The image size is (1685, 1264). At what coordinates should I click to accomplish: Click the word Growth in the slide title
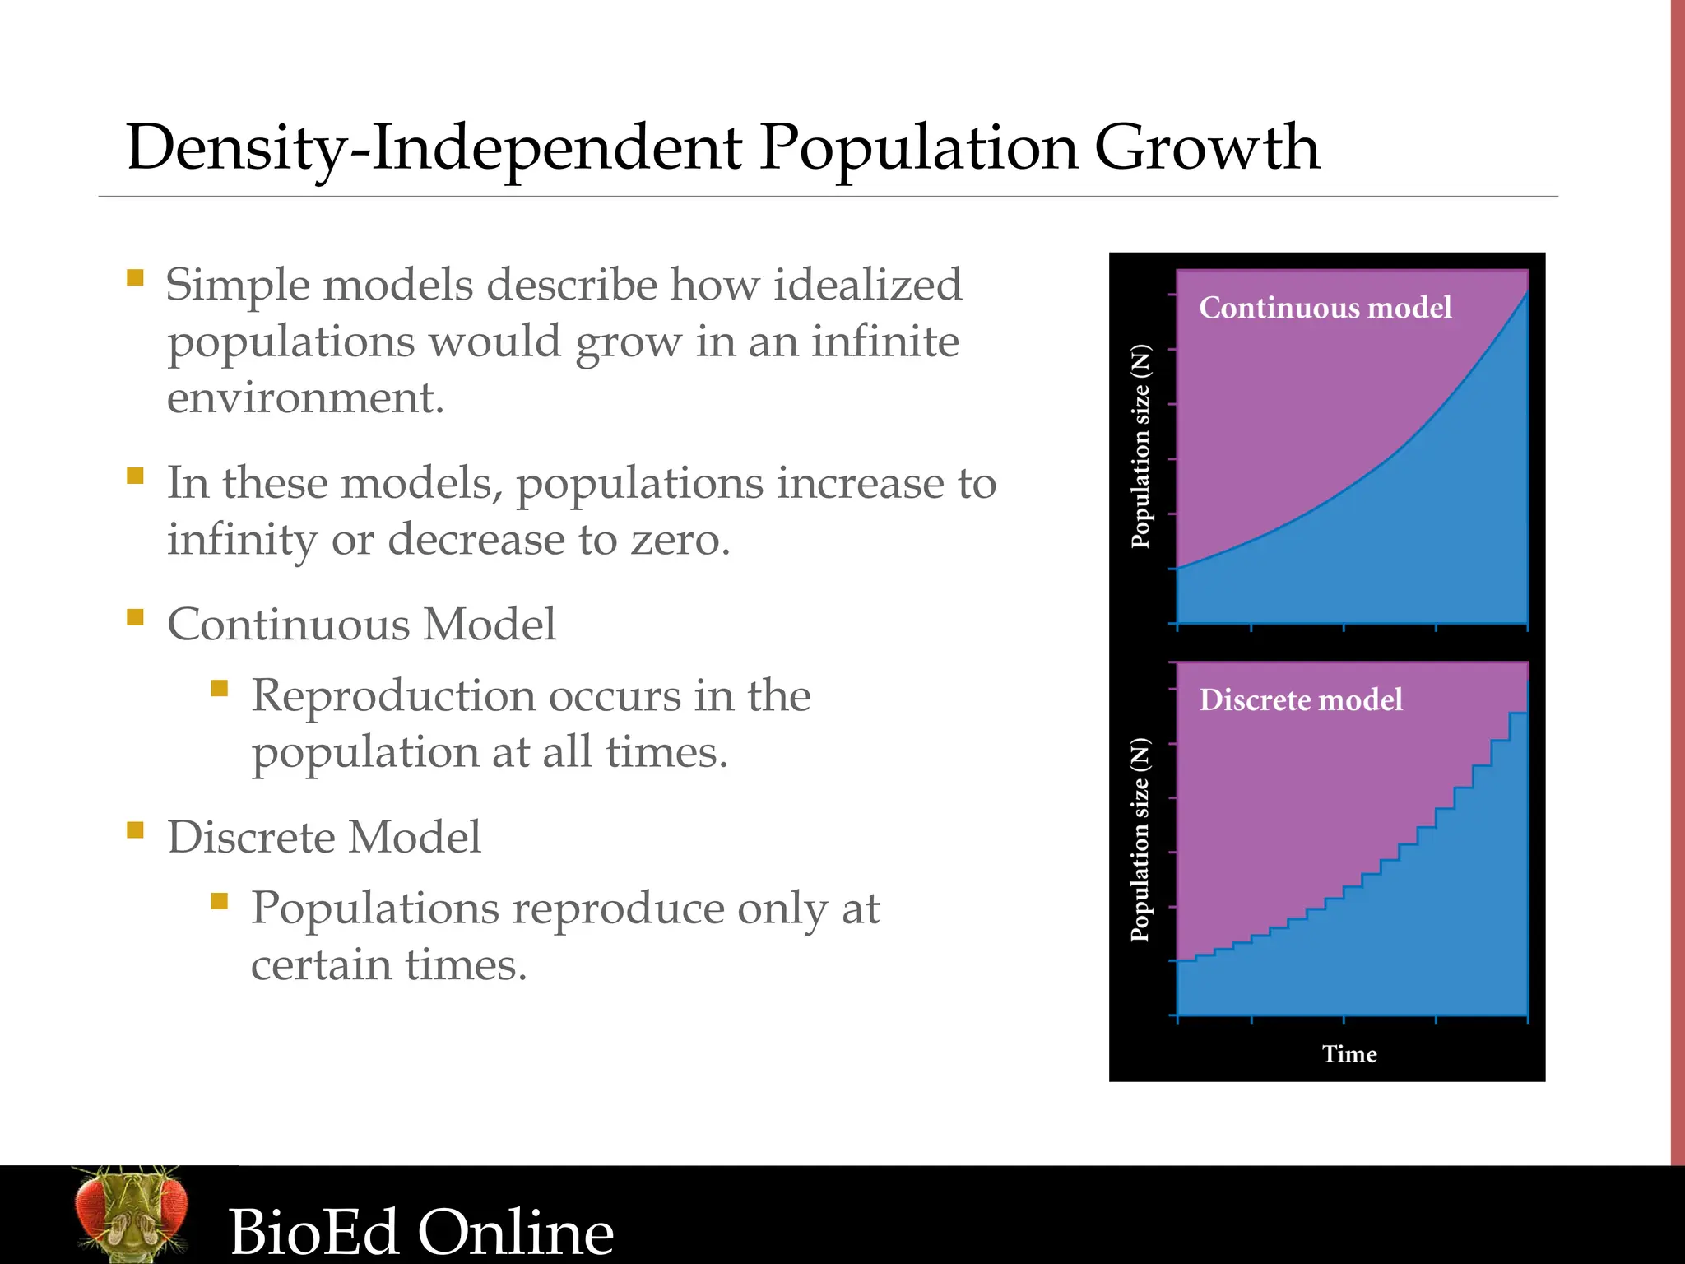click(1206, 148)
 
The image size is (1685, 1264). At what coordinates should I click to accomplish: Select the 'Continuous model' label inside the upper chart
click(1325, 308)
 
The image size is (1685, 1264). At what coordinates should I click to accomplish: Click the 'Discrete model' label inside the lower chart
click(1301, 700)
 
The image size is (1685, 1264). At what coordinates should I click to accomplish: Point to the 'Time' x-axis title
click(1349, 1054)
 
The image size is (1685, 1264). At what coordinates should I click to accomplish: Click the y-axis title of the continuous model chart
click(1140, 447)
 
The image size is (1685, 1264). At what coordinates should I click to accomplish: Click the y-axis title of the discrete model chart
click(1140, 840)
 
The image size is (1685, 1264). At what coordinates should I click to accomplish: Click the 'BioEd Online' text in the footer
click(421, 1232)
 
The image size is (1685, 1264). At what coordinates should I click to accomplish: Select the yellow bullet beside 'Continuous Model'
click(136, 617)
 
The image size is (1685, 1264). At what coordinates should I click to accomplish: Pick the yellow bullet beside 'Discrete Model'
click(136, 829)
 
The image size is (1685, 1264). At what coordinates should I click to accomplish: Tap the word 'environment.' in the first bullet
click(305, 398)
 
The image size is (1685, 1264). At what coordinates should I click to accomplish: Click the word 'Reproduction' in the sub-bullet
click(393, 696)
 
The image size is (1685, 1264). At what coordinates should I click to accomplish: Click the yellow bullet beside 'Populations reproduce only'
click(219, 901)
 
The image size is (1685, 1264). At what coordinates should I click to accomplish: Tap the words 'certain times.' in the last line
click(388, 964)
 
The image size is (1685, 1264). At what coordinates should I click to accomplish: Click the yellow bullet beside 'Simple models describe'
click(136, 277)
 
